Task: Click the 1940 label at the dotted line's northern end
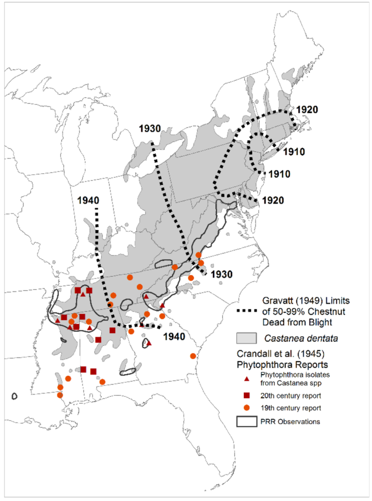tap(88, 201)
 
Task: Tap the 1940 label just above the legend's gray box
tap(174, 337)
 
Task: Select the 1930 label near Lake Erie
tap(149, 129)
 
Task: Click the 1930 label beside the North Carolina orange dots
tap(222, 275)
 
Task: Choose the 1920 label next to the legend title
tap(273, 200)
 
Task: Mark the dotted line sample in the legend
tap(247, 311)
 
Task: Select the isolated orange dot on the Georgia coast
tap(193, 356)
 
